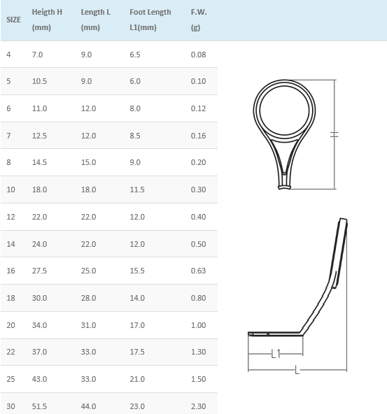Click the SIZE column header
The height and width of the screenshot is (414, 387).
[x=13, y=20]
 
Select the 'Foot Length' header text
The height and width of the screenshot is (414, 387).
[x=150, y=12]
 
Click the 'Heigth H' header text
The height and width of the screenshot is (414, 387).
[x=47, y=12]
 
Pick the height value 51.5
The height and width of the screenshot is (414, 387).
[x=39, y=406]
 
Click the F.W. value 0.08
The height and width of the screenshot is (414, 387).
[x=198, y=55]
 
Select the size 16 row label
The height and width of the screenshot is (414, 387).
[x=10, y=271]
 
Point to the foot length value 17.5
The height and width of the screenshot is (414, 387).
[x=137, y=352]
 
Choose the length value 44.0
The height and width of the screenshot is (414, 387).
[x=88, y=406]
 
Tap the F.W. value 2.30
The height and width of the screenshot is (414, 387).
[x=198, y=406]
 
